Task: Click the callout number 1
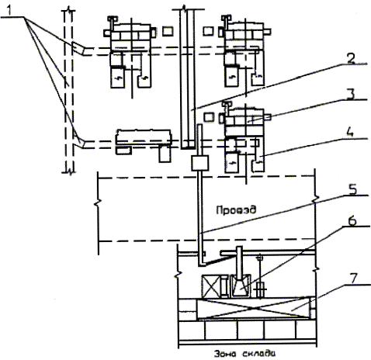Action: pos(9,11)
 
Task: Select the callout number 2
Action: pos(351,58)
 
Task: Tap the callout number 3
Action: pos(351,95)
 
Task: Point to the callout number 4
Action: pos(350,133)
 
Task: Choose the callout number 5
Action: pos(351,189)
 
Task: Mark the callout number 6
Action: pos(351,221)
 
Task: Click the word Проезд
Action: pos(236,209)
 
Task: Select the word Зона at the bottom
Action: pos(224,353)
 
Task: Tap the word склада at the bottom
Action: pos(259,353)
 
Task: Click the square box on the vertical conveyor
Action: pos(200,163)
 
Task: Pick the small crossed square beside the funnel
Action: pos(211,286)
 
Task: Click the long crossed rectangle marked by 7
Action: pos(254,309)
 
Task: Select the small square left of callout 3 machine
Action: pos(209,117)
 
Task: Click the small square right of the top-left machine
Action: pos(168,31)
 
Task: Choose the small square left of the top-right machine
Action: pos(208,31)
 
